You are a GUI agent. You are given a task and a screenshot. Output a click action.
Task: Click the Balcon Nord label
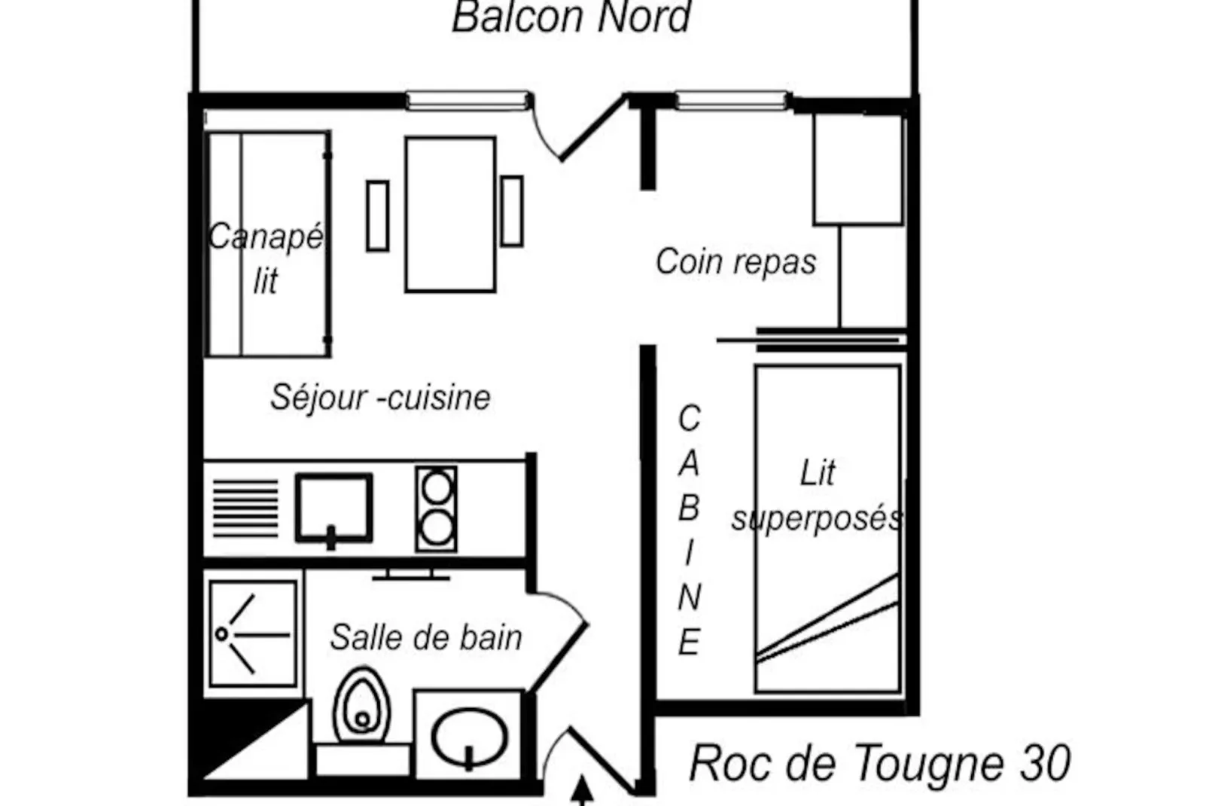(x=571, y=18)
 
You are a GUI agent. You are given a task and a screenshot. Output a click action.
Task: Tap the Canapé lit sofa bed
(x=268, y=244)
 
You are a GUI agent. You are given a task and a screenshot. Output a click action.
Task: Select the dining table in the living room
(x=450, y=215)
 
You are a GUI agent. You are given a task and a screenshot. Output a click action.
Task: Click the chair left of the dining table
(x=377, y=215)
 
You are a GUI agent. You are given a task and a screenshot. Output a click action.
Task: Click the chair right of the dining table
(x=512, y=211)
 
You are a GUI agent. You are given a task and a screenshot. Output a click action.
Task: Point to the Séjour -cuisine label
(x=380, y=398)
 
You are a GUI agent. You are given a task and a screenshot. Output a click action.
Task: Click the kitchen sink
(x=333, y=507)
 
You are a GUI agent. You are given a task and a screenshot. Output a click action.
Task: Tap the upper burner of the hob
(x=437, y=487)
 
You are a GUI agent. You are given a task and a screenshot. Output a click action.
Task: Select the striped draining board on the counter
(x=245, y=508)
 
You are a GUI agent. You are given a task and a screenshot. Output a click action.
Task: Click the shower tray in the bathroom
(x=252, y=634)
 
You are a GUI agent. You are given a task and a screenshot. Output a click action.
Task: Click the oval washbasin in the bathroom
(x=469, y=737)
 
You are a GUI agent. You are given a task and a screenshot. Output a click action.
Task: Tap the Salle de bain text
(x=426, y=638)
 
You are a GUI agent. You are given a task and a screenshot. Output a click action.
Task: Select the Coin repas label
(x=735, y=262)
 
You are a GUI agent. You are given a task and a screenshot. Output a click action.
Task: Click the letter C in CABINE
(x=689, y=419)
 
